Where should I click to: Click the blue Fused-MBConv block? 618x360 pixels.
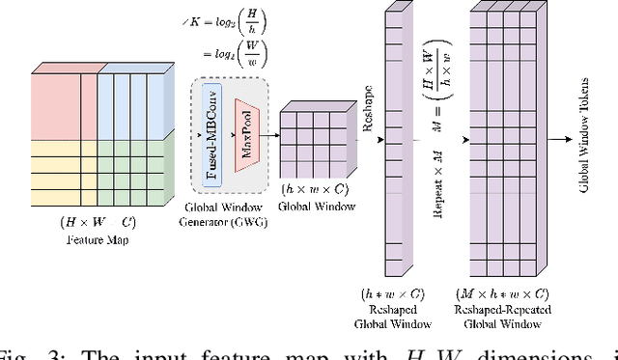tap(212, 131)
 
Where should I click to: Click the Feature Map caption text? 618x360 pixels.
tap(98, 239)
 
